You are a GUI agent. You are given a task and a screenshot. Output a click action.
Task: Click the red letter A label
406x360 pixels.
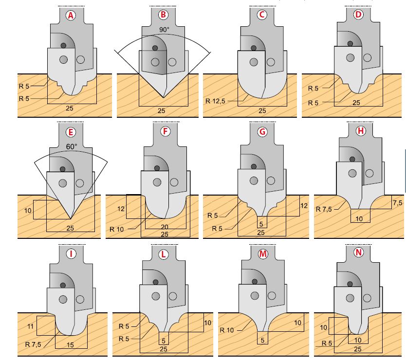[71, 16]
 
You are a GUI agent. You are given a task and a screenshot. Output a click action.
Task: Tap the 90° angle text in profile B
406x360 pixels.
[164, 30]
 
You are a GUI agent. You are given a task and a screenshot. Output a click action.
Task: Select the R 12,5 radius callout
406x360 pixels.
[215, 101]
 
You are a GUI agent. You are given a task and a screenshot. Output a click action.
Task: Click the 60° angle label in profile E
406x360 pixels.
[72, 147]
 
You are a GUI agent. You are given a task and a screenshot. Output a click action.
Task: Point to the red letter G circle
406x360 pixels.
[262, 132]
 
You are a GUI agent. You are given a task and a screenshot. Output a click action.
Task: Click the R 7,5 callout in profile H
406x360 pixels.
[324, 209]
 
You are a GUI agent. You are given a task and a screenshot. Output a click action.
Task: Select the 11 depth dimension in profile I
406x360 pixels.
[30, 326]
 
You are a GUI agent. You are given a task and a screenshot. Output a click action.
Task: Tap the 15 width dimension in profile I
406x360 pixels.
[70, 345]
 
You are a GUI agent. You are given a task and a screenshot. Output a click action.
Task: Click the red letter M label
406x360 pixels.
[263, 254]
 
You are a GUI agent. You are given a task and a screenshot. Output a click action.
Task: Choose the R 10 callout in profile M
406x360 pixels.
[226, 330]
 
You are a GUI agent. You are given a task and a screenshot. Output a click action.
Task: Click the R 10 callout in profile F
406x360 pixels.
[116, 229]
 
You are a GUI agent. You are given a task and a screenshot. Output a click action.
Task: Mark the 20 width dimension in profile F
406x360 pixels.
[165, 227]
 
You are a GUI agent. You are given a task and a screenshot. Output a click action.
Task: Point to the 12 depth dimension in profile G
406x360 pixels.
[304, 206]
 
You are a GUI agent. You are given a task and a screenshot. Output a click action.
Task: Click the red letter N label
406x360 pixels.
[359, 252]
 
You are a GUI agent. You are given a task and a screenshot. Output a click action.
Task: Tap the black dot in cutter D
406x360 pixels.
[350, 43]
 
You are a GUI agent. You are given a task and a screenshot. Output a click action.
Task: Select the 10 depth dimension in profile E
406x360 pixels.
[28, 211]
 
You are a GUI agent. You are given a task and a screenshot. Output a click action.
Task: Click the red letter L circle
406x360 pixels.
[163, 254]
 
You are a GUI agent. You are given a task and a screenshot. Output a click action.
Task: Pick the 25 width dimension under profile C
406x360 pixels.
[262, 111]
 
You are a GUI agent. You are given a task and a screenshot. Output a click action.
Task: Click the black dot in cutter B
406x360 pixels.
[155, 48]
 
